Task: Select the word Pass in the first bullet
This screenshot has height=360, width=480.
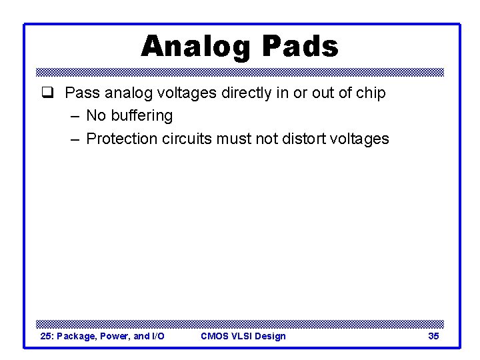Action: click(80, 93)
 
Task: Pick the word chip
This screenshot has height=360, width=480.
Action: click(370, 93)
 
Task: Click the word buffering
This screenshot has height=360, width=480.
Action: click(141, 115)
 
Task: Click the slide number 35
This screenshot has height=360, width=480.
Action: click(433, 336)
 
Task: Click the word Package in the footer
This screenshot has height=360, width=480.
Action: click(77, 336)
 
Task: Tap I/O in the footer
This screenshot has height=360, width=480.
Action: click(158, 336)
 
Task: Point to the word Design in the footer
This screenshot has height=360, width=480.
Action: click(271, 336)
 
